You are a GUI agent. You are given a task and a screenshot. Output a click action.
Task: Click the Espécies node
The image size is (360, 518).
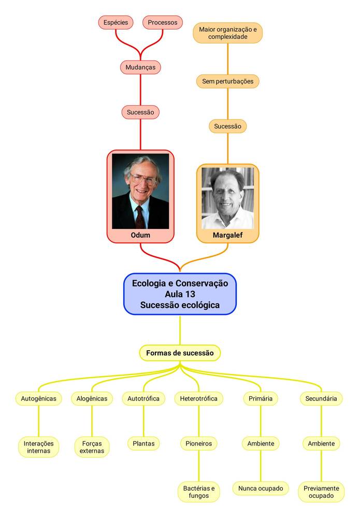[116, 22]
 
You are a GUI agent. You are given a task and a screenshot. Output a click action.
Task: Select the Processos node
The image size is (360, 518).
[163, 22]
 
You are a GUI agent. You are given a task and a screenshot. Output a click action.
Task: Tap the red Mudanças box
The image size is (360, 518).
[140, 67]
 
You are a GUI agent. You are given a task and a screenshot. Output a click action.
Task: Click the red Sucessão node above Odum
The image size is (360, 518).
[140, 112]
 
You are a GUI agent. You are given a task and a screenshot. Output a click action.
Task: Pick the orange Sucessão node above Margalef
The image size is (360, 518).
[227, 126]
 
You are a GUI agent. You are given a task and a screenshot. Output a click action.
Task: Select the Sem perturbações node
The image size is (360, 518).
[227, 81]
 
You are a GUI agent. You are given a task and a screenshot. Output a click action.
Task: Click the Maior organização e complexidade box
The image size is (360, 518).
[227, 33]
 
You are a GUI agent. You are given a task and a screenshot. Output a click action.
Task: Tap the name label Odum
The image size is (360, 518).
[140, 235]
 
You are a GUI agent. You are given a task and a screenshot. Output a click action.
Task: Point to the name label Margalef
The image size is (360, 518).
[227, 235]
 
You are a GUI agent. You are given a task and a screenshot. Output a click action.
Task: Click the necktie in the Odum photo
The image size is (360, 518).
[140, 217]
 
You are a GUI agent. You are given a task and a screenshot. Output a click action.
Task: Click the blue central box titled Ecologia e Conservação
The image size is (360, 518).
[180, 294]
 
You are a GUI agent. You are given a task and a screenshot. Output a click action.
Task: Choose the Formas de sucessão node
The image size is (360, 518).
[180, 353]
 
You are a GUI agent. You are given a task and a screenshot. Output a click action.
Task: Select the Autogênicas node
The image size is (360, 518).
[39, 398]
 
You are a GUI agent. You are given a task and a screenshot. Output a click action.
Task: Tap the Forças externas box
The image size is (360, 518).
[92, 447]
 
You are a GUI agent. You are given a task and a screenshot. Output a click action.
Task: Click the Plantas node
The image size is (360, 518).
[143, 443]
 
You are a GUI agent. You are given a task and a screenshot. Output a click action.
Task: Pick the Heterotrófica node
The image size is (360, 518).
[198, 398]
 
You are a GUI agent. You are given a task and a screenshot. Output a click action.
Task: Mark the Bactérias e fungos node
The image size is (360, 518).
[198, 492]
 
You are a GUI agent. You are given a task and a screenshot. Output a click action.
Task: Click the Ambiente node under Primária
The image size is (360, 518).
[261, 443]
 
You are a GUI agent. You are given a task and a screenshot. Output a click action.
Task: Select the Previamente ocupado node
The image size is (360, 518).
[321, 492]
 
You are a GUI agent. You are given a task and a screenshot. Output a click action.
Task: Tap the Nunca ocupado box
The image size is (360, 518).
[261, 488]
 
